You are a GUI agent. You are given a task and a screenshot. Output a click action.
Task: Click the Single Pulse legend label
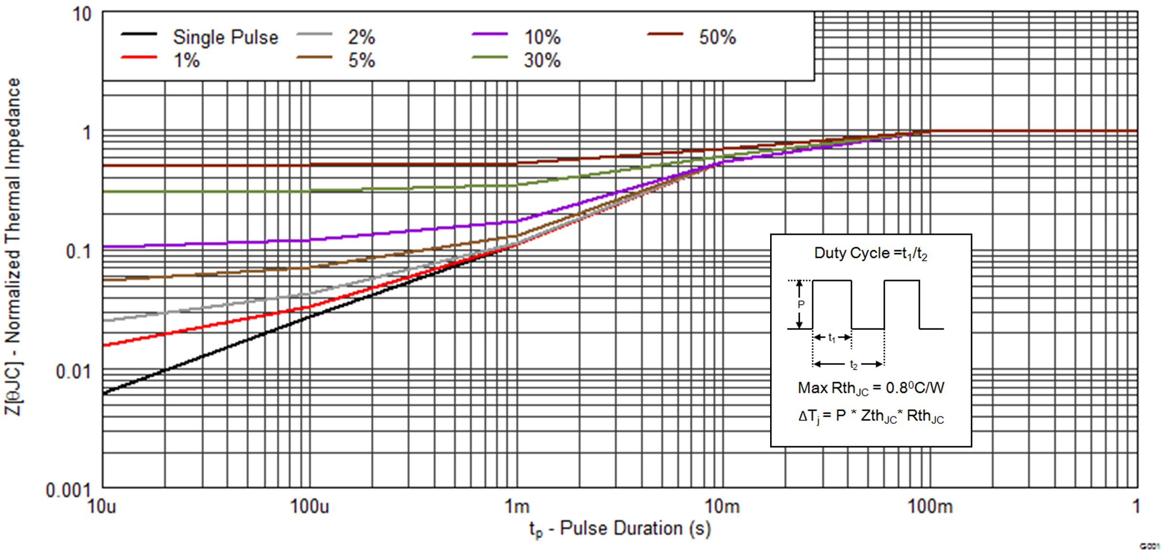point(225,37)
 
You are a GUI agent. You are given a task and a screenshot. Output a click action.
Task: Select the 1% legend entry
point(186,61)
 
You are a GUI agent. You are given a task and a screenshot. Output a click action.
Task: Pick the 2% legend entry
point(361,37)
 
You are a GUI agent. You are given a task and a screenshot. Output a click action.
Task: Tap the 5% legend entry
point(361,61)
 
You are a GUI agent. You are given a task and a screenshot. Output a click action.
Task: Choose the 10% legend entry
point(542,37)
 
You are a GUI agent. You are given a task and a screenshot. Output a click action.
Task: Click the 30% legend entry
point(542,61)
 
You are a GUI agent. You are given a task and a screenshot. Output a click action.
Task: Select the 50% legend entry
point(717,37)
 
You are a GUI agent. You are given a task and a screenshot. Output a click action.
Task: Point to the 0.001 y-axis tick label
point(68,490)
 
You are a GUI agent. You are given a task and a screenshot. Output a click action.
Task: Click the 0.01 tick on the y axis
point(73,371)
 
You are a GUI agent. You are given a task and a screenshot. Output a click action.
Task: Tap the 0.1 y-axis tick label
point(78,252)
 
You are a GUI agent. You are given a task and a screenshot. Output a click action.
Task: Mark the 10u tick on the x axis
point(102,506)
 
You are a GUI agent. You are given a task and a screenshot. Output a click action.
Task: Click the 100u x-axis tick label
point(309,506)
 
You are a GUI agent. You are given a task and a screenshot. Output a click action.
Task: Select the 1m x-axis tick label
point(517,506)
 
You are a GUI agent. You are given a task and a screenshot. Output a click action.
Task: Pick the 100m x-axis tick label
point(930,506)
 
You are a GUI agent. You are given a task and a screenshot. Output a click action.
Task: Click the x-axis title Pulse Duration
point(620,529)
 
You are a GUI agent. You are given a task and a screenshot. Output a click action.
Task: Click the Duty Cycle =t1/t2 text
point(871,254)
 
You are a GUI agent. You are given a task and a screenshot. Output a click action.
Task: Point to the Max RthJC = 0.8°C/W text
point(871,388)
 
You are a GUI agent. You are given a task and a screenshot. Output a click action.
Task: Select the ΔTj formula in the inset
point(871,416)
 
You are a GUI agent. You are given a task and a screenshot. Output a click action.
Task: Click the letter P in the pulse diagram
point(801,304)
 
